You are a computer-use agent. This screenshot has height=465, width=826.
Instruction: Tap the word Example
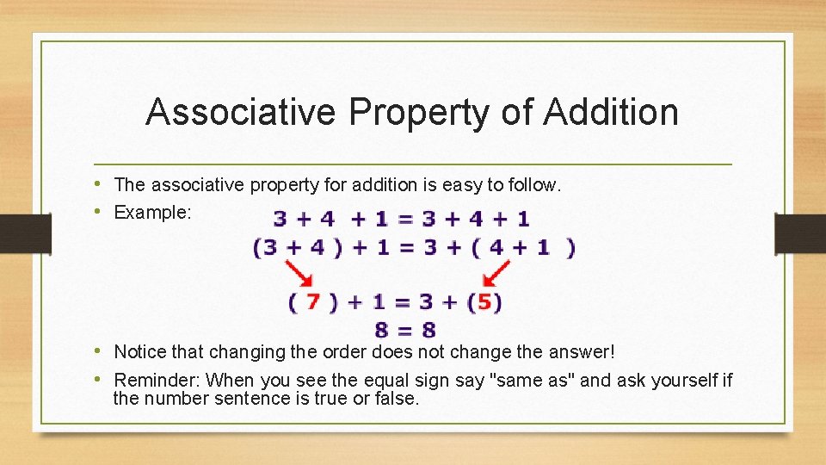(x=151, y=212)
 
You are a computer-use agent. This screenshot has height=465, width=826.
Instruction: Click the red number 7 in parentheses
(x=313, y=302)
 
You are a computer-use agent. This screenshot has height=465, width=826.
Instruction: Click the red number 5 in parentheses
(x=485, y=302)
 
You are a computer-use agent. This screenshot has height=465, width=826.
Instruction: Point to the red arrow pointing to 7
(x=299, y=275)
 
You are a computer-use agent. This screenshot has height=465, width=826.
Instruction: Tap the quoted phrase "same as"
(x=532, y=380)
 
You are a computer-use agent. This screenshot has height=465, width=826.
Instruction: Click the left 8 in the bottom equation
(x=381, y=330)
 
